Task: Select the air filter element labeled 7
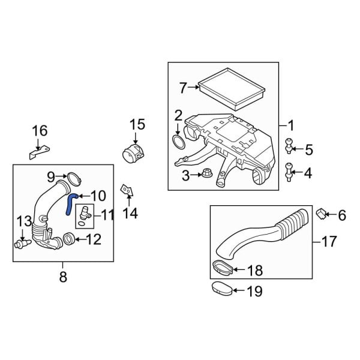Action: tap(232, 89)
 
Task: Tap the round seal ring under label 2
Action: tap(179, 142)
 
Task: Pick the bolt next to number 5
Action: tap(289, 146)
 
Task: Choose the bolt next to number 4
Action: tap(289, 172)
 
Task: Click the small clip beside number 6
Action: tap(321, 214)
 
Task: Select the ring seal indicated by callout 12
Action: tap(68, 239)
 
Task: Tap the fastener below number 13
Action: tap(22, 243)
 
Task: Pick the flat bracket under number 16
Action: tap(39, 152)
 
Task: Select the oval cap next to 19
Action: tap(222, 289)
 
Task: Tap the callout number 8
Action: tap(63, 277)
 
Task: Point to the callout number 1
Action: tap(291, 126)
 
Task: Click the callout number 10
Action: tap(98, 196)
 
